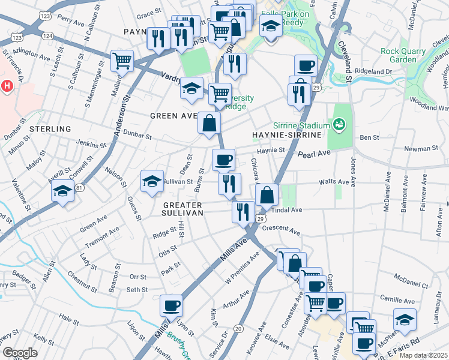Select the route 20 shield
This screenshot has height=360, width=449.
pyautogui.click(x=238, y=328)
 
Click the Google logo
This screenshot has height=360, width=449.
pyautogui.click(x=20, y=353)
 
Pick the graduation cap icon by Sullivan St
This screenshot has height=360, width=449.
pyautogui.click(x=152, y=181)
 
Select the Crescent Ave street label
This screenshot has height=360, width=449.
pyautogui.click(x=286, y=230)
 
